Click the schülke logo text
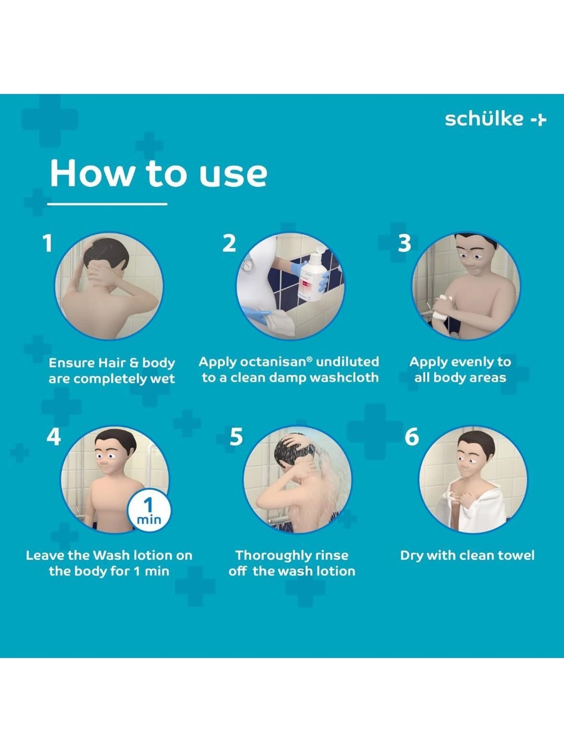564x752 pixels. click(x=484, y=119)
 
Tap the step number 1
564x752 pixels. click(x=47, y=243)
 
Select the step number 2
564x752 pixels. click(x=229, y=243)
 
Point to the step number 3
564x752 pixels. click(x=405, y=243)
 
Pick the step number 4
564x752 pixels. click(x=54, y=437)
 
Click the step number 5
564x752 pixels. click(x=236, y=437)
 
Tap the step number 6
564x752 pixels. click(x=412, y=437)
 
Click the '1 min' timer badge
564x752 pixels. click(x=149, y=511)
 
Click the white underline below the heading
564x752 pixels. click(x=107, y=204)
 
